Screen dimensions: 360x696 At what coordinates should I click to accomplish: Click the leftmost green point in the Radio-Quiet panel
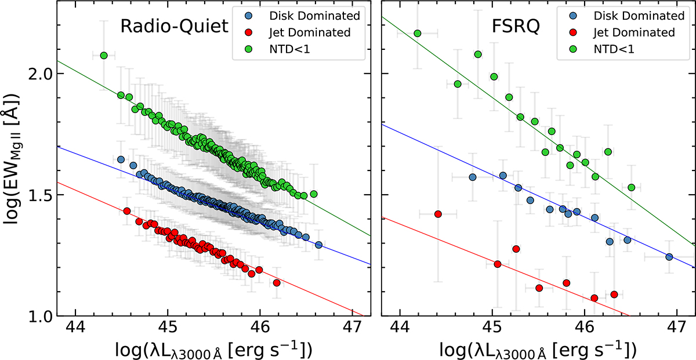104,56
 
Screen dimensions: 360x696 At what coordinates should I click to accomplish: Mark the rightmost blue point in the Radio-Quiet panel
318,245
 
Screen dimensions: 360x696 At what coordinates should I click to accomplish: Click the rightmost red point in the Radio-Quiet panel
277,283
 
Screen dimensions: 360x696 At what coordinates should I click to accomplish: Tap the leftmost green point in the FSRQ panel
417,34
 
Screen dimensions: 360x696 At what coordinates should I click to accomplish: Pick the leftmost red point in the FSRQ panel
438,214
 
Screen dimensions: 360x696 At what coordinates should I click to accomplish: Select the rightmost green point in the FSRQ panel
631,187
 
